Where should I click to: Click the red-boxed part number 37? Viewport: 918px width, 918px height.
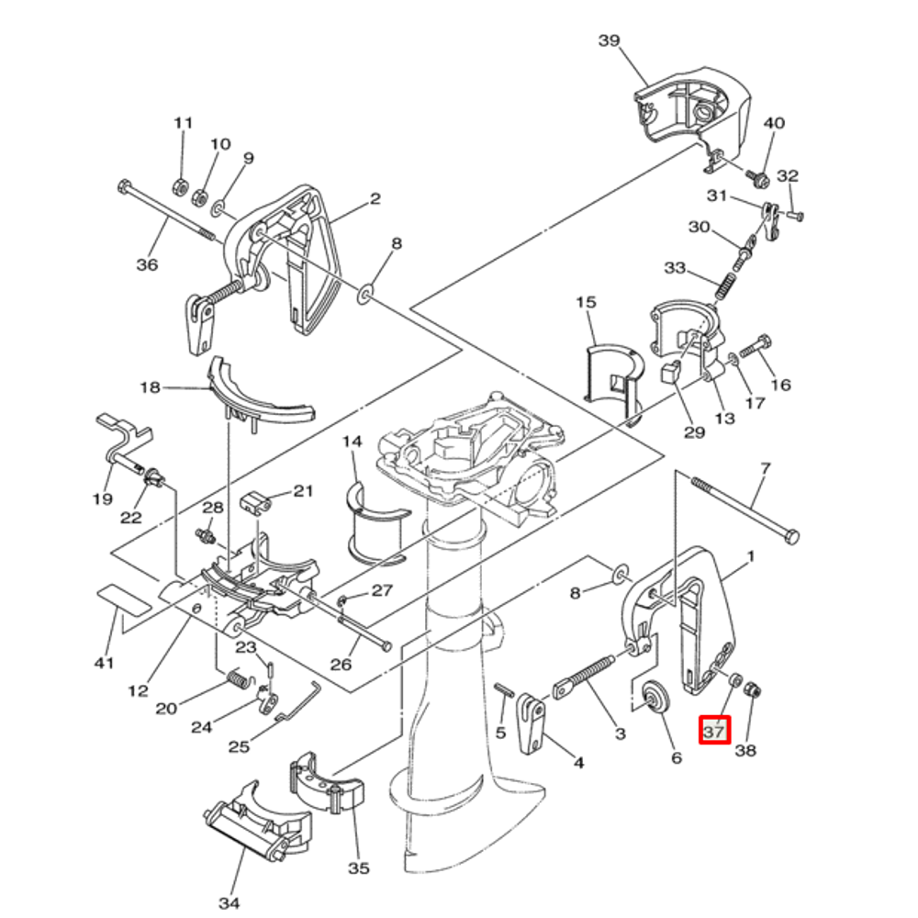714,731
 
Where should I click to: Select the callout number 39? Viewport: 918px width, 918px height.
610,40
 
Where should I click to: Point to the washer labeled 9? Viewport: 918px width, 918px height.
218,210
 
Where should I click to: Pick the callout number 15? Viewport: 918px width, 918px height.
586,302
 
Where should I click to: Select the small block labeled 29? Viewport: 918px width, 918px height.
668,372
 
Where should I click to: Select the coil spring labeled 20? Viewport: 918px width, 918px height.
237,680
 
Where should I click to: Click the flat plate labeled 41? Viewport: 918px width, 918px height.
122,600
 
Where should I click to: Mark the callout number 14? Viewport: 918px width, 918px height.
353,442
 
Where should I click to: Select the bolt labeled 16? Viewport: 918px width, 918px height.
754,346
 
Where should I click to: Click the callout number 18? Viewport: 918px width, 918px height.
150,387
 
